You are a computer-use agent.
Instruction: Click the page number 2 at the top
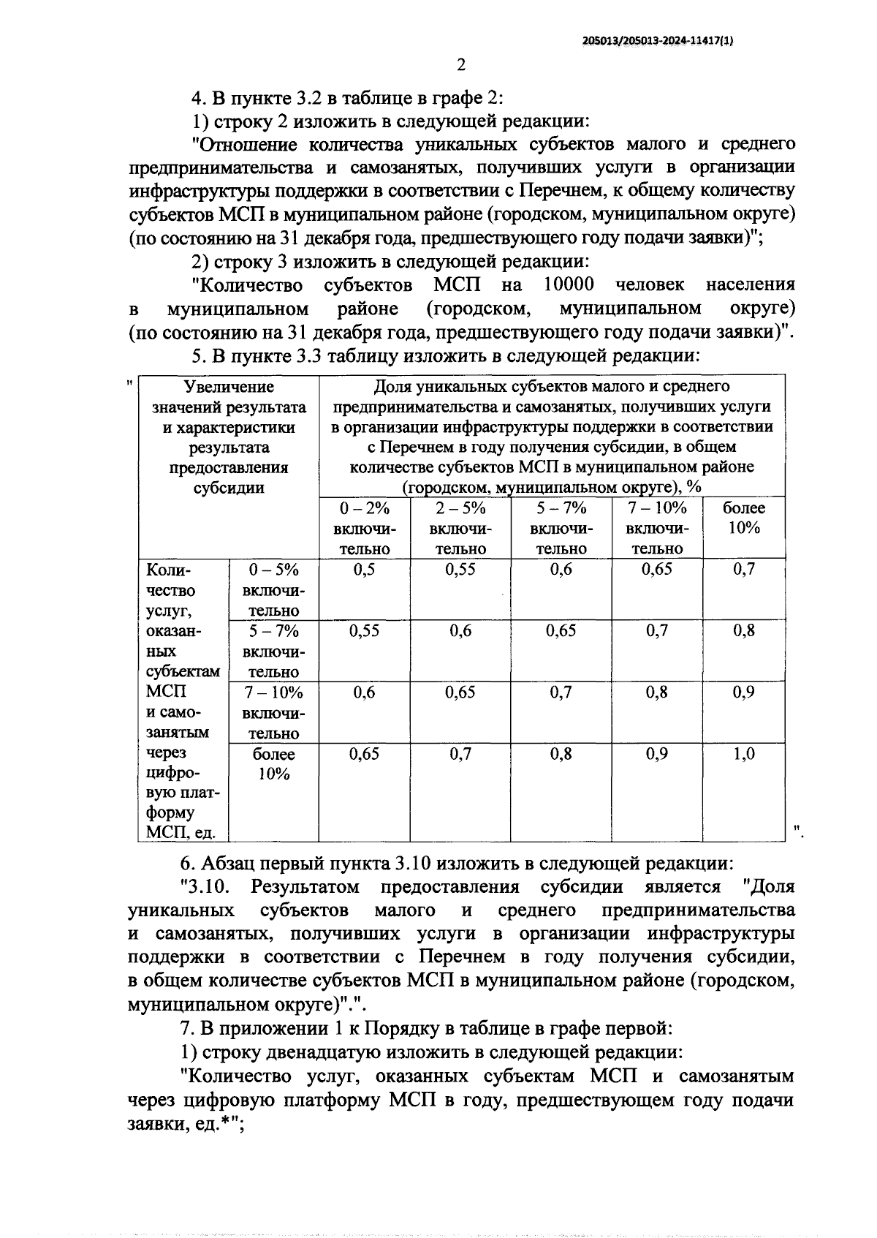460,66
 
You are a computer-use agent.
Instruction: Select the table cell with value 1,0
743,754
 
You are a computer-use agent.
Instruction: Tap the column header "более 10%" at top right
743,518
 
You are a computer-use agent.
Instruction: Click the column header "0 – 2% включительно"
364,528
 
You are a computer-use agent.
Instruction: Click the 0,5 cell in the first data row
364,570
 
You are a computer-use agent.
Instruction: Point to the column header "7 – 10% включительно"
656,528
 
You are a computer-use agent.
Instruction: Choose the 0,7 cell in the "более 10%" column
743,570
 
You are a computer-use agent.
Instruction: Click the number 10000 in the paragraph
569,284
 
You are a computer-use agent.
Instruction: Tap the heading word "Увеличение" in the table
229,387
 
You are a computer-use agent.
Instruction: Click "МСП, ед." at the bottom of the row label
175,832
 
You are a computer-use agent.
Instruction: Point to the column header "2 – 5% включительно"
460,528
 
